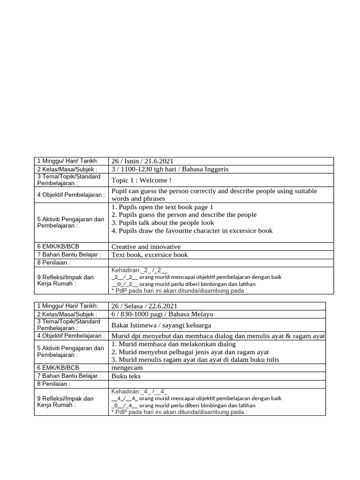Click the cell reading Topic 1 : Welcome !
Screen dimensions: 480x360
pos(142,180)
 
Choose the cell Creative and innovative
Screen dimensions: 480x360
pos(146,247)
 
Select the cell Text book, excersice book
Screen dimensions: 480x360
pos(150,255)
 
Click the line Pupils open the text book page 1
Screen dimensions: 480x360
pos(162,207)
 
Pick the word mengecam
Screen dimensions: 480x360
pos(127,368)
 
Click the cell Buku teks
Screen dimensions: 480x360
pos(126,376)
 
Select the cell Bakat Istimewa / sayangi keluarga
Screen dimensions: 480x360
pos(161,325)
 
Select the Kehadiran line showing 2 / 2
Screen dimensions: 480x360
pos(139,270)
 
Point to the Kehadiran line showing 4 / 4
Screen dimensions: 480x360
pos(139,391)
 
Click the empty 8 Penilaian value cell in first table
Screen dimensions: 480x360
pos(221,263)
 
